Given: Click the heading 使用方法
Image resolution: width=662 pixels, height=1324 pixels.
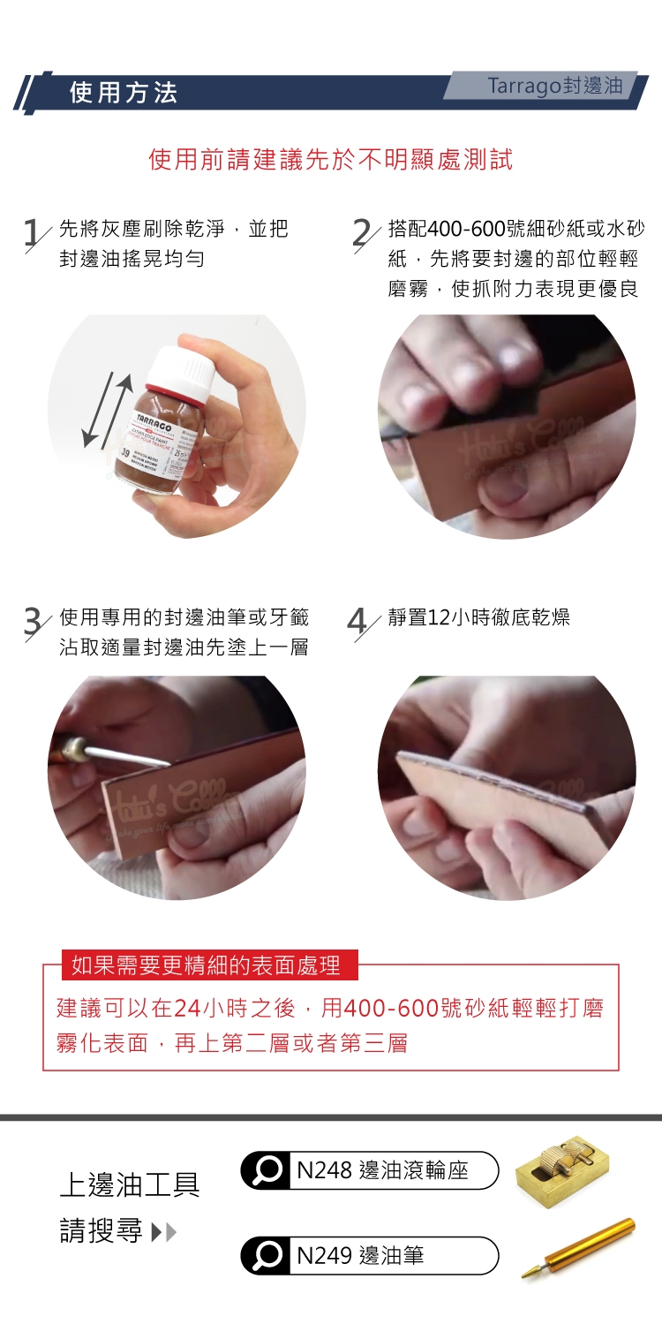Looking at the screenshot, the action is (x=123, y=93).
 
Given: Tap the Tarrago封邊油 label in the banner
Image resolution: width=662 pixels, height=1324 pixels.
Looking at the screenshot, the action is (x=554, y=86).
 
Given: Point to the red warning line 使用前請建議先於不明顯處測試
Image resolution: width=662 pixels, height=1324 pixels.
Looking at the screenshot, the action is (x=331, y=160).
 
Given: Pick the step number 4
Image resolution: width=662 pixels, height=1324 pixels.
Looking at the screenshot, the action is (x=357, y=621).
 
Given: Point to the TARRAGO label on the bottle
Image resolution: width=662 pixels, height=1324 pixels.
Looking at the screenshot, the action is (x=154, y=422).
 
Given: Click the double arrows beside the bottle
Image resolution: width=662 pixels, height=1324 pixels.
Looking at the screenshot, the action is (x=107, y=410).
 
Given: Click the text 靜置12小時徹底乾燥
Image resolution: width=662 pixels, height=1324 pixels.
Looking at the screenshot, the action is (x=479, y=617).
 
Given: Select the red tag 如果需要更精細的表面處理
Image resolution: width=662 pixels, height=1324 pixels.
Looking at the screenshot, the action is (x=210, y=965).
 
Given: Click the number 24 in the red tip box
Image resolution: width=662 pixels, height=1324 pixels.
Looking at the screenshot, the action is (x=187, y=1008).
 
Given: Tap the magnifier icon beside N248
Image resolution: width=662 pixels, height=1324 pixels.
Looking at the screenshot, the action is (x=267, y=1169).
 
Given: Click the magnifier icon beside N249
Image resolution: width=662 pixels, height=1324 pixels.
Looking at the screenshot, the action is (x=267, y=1255).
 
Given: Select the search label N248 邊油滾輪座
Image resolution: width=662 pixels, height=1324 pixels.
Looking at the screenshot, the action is (x=383, y=1170).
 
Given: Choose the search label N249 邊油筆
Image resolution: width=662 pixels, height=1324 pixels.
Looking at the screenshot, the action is (x=360, y=1255).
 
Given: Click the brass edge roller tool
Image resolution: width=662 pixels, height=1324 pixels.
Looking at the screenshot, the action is (x=561, y=1171).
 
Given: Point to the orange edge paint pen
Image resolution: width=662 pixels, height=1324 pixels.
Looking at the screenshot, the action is (x=578, y=1248).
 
